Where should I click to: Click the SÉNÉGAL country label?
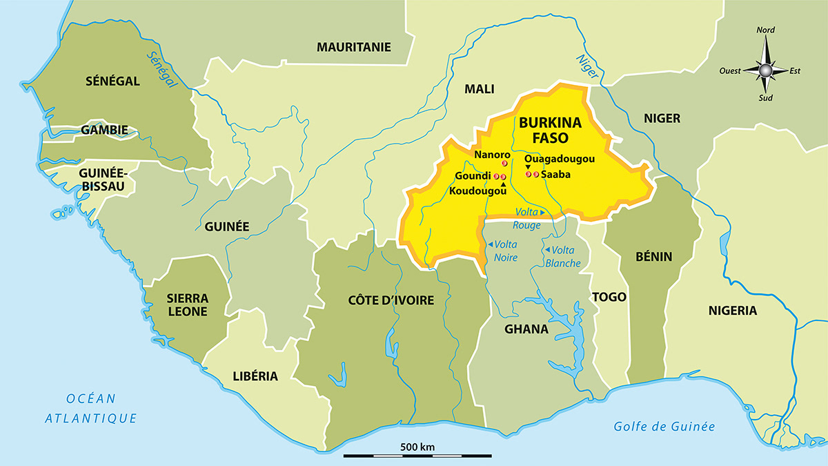click(x=113, y=81)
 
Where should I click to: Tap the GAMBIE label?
click(x=104, y=130)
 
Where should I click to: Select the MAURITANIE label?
click(x=353, y=47)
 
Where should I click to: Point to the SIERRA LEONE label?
click(x=188, y=304)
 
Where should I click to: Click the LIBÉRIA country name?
click(x=255, y=376)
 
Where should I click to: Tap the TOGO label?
click(x=609, y=297)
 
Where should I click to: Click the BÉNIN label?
click(x=654, y=257)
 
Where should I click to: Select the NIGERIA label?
click(x=733, y=311)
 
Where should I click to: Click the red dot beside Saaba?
click(x=535, y=174)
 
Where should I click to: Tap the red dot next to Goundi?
click(x=496, y=177)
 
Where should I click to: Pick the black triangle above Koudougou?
click(x=504, y=184)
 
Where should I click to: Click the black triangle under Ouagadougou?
click(x=528, y=166)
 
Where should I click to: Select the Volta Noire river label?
click(x=503, y=251)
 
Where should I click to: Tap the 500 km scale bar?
click(x=417, y=456)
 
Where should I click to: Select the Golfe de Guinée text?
click(x=664, y=426)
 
